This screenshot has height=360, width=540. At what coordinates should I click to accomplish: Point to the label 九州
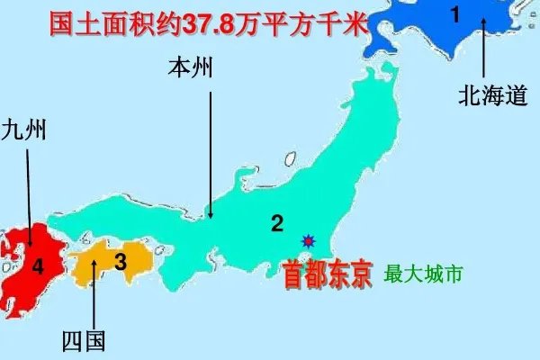point(24,131)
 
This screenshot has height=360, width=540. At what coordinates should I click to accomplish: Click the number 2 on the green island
point(277,224)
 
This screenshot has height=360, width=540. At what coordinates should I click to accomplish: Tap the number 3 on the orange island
point(120,261)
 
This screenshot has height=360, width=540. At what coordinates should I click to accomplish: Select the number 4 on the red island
point(37,266)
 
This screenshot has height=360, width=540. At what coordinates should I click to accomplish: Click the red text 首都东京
point(328,274)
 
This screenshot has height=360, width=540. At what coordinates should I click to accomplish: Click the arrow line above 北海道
point(483,49)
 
